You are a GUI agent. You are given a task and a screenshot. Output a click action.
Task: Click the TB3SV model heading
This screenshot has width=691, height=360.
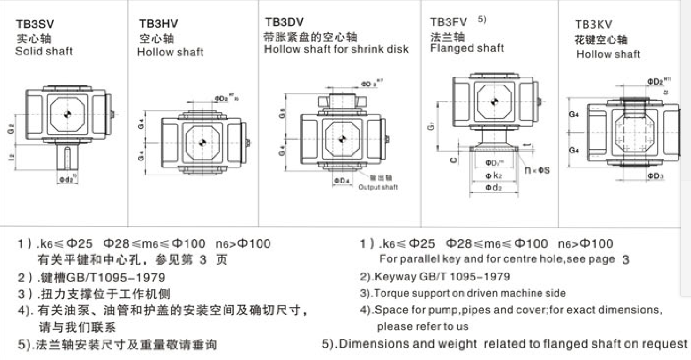35,24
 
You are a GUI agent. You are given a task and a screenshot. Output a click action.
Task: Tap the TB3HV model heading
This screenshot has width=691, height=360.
158,24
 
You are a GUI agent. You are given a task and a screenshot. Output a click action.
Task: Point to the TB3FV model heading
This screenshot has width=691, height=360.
448,22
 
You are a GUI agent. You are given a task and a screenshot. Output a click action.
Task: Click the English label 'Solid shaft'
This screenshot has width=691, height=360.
44,51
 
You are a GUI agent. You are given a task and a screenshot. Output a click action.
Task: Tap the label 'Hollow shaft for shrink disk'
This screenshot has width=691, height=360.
337,49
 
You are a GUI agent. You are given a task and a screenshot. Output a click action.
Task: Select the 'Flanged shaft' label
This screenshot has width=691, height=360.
467,48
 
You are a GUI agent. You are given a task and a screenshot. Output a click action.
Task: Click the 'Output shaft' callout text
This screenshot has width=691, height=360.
378,187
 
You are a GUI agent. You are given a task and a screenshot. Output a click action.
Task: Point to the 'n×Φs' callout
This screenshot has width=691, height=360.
537,170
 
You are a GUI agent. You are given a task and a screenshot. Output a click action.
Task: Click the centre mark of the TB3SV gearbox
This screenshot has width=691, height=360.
68,113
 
